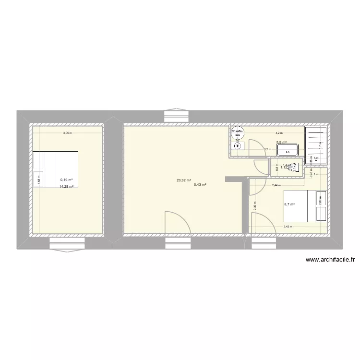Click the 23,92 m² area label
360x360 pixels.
[x=183, y=180]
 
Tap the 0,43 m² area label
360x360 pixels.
[x=200, y=185]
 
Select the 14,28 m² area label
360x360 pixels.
[x=66, y=187]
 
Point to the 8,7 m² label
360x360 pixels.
[x=289, y=204]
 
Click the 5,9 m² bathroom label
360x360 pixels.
[x=281, y=142]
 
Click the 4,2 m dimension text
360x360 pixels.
[x=278, y=133]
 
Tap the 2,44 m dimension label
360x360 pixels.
[x=276, y=185]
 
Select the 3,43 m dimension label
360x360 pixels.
[x=288, y=227]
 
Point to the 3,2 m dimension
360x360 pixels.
[x=267, y=149]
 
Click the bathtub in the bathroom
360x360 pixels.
[x=288, y=150]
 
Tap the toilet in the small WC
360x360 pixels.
[x=294, y=167]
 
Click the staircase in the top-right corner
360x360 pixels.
[x=317, y=143]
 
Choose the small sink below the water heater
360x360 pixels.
[x=237, y=146]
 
